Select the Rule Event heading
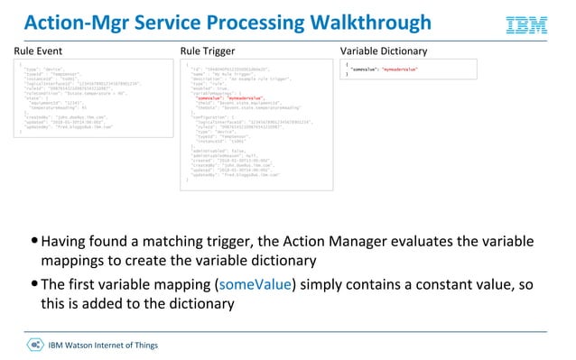[x=42, y=51]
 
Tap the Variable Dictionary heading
[x=384, y=51]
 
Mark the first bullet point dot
[x=34, y=242]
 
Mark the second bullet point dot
[x=34, y=284]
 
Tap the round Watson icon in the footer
[x=34, y=345]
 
